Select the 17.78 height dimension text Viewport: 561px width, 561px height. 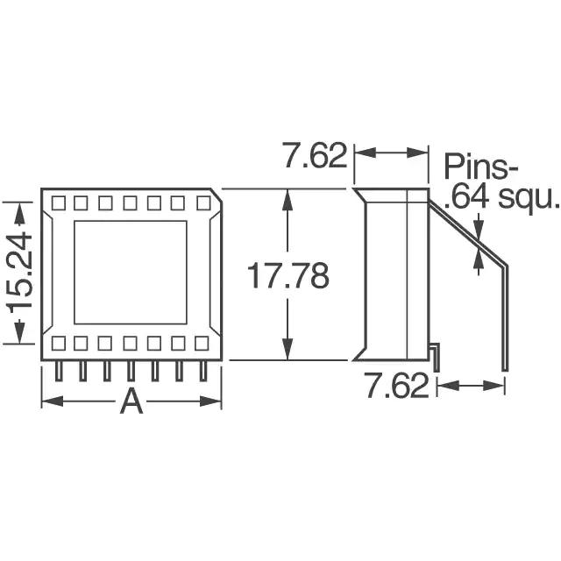288,275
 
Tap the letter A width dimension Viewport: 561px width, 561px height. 131,401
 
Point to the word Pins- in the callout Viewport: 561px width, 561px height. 480,167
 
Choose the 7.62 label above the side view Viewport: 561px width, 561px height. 315,155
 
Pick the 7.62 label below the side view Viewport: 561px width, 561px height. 397,386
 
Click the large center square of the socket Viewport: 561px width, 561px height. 131,273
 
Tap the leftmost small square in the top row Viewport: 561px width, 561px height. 59,202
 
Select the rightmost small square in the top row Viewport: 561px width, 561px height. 203,202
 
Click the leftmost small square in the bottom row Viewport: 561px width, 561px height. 59,343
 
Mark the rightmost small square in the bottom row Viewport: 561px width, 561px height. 202,343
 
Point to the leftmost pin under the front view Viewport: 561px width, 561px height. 59,371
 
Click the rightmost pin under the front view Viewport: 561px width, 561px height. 203,371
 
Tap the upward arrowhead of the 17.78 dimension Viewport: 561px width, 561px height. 288,200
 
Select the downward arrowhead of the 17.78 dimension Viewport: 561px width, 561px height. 288,349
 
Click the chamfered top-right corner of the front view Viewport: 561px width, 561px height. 217,195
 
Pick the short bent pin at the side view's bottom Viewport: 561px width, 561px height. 435,356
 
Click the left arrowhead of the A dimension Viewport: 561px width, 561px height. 53,401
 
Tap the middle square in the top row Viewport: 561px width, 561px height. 130,202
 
